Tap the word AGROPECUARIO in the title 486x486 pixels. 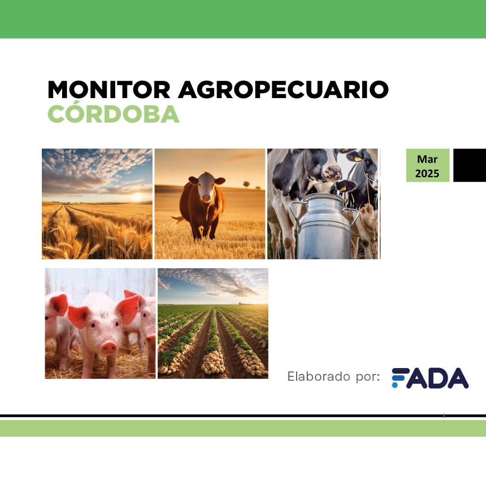point(283,90)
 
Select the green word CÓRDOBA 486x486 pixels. point(113,115)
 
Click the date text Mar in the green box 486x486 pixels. point(427,159)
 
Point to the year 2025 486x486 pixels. point(427,173)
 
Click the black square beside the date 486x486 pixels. point(469,165)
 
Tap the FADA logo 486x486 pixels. point(430,378)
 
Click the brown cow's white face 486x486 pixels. point(207,188)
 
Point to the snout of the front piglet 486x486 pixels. point(109,347)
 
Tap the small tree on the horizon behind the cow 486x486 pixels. point(246,184)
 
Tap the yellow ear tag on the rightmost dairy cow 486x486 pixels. point(358,158)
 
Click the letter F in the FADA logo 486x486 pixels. point(400,378)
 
